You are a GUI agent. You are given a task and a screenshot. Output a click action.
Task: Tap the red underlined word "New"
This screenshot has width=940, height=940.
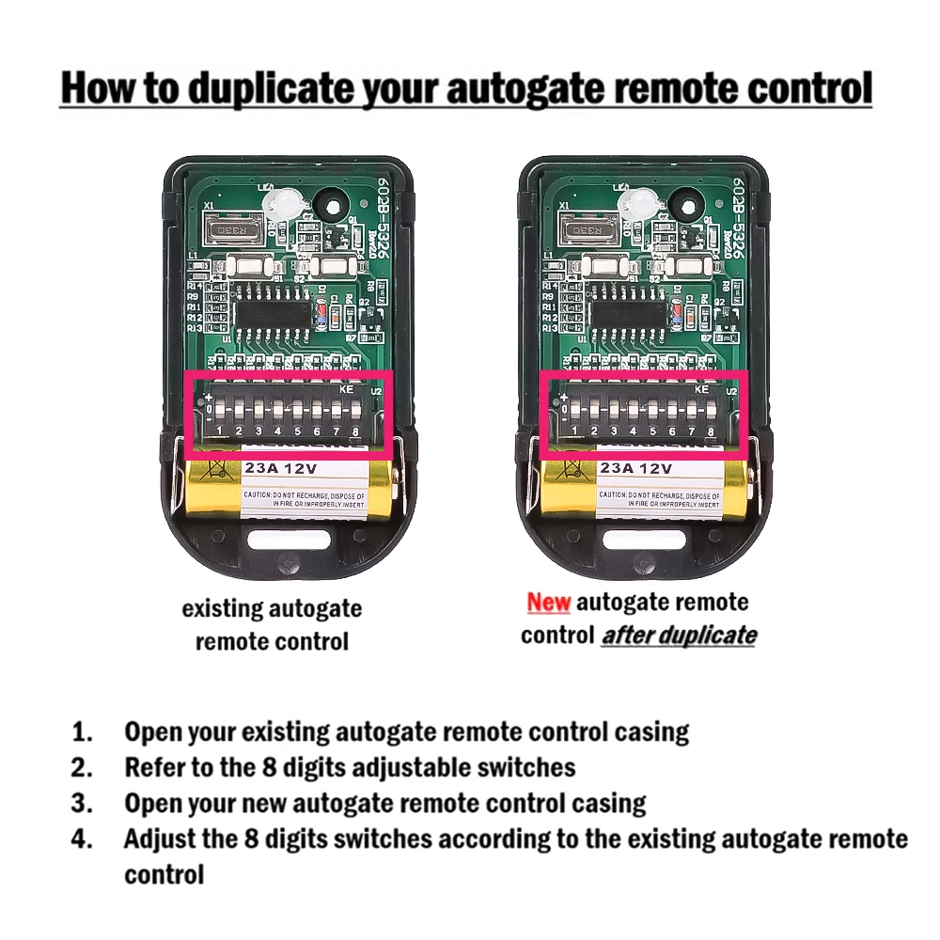[x=548, y=602]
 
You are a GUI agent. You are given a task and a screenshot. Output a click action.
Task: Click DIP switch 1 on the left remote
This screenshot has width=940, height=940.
[x=219, y=414]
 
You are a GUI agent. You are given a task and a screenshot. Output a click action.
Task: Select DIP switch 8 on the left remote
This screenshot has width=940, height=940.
[x=355, y=414]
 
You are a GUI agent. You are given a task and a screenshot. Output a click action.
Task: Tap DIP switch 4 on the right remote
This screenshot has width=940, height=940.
[x=633, y=414]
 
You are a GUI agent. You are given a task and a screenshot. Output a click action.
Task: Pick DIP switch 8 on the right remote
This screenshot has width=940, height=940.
[x=711, y=414]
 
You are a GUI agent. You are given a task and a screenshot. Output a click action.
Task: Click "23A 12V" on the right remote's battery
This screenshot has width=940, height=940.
[x=637, y=468]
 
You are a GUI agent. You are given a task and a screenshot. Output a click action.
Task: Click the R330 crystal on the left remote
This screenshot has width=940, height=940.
[x=228, y=229]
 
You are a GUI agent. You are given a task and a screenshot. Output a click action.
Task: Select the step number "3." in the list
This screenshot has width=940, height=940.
[x=83, y=804]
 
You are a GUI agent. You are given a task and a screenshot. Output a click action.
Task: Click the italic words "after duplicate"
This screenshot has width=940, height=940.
[x=679, y=635]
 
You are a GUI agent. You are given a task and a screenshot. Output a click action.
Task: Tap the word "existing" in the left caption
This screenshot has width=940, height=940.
[x=222, y=608]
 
